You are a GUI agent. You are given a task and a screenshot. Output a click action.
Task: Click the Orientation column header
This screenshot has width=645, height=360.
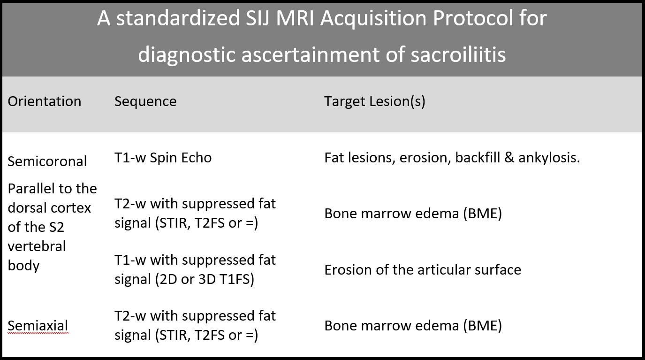tap(45, 101)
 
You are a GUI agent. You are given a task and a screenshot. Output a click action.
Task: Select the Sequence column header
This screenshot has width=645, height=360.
tap(145, 101)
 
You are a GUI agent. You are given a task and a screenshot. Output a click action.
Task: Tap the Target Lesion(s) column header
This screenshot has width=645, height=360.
tap(375, 101)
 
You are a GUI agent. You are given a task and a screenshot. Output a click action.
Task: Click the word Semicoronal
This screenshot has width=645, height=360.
tap(47, 161)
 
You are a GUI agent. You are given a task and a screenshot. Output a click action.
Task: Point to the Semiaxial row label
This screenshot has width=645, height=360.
tap(38, 325)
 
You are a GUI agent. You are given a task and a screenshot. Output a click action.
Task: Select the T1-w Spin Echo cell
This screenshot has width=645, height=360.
tap(163, 158)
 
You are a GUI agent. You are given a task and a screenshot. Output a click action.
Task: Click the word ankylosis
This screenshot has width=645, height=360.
tap(549, 158)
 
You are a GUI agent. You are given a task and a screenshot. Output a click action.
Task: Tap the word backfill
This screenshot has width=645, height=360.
tap(478, 158)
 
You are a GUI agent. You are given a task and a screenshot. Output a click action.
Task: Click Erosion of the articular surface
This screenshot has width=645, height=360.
tap(423, 270)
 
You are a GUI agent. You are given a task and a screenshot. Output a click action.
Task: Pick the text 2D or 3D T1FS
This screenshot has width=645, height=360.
tap(205, 279)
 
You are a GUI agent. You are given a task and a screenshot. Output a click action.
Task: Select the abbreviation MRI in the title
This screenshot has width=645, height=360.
tap(295, 18)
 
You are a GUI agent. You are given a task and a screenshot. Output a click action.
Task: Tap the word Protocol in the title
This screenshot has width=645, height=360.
tap(473, 18)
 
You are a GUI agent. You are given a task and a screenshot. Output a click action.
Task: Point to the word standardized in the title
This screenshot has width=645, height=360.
tap(178, 18)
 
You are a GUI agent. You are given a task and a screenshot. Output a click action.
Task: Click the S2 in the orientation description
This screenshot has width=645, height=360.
tap(56, 227)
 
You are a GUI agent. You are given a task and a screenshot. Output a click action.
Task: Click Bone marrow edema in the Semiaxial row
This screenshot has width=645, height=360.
tap(392, 326)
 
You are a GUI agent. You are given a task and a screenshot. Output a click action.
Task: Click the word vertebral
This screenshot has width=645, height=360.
tap(37, 246)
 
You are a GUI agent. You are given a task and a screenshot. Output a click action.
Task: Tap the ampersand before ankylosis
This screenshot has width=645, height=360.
tap(509, 158)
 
